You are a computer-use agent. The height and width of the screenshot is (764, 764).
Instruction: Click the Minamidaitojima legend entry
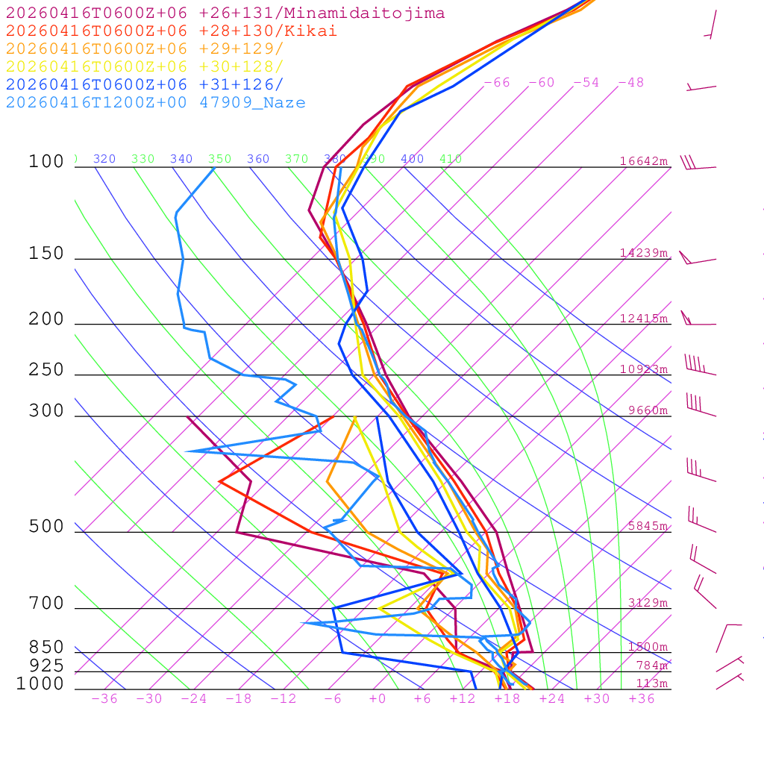pos(225,13)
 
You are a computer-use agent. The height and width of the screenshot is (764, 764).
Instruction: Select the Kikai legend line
pos(172,31)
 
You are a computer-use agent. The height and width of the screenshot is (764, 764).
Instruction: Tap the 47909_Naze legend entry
pos(155,103)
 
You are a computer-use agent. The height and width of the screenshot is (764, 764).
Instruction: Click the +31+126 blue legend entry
pos(145,85)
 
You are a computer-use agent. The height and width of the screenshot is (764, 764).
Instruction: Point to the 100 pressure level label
pos(46,162)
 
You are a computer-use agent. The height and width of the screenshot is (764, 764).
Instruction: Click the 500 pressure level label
pos(46,527)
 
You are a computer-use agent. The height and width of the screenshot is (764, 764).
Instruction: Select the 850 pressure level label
pos(46,648)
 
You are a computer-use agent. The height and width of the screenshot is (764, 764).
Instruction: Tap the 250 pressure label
pos(46,370)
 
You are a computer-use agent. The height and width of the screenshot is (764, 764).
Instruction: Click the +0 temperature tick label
pos(378,699)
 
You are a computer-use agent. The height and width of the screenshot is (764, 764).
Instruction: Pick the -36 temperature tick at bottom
pos(104,699)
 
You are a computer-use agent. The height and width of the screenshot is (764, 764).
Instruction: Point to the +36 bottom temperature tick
pos(642,699)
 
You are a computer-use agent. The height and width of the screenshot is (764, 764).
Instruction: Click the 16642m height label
pos(644,161)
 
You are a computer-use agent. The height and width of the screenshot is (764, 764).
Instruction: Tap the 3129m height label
pos(648,603)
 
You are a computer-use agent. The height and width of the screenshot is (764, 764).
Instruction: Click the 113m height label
pos(651,683)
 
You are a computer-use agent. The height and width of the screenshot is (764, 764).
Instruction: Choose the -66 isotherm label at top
pos(497,83)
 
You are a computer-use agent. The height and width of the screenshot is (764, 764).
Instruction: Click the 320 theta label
pos(104,159)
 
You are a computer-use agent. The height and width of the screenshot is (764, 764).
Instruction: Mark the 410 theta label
pos(451,159)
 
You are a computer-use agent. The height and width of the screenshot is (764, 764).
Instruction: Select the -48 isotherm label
pos(631,83)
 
